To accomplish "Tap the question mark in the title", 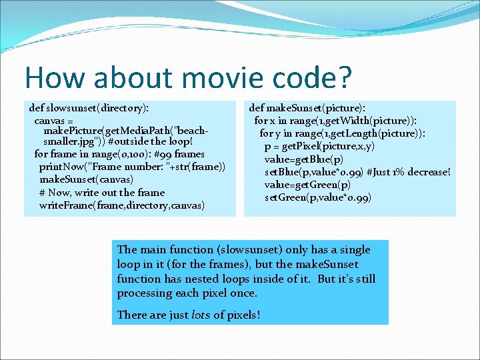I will coord(343,77).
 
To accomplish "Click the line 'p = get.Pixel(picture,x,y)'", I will coord(319,146).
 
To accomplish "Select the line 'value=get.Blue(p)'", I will coord(304,159).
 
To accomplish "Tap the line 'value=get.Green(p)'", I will coord(307,185).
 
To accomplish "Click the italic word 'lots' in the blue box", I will coord(200,315).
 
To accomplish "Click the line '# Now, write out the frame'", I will coord(101,192).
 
